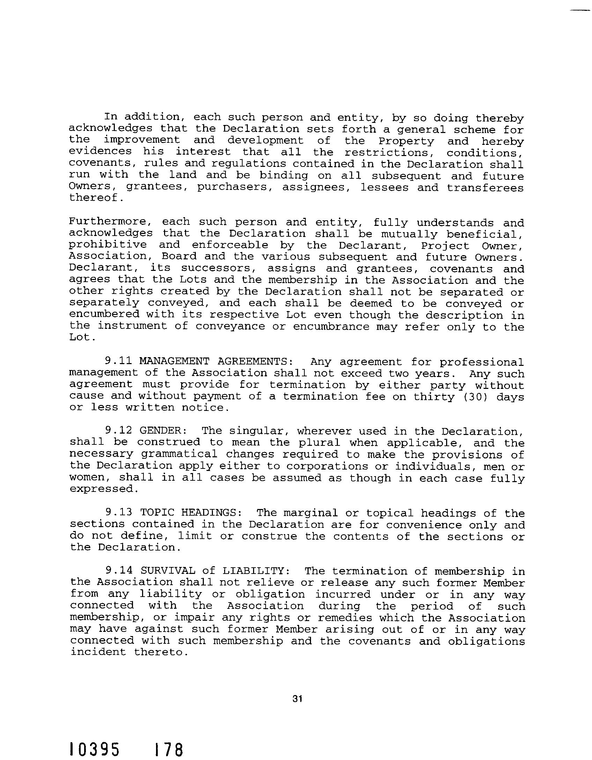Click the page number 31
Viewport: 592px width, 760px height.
point(297,699)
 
